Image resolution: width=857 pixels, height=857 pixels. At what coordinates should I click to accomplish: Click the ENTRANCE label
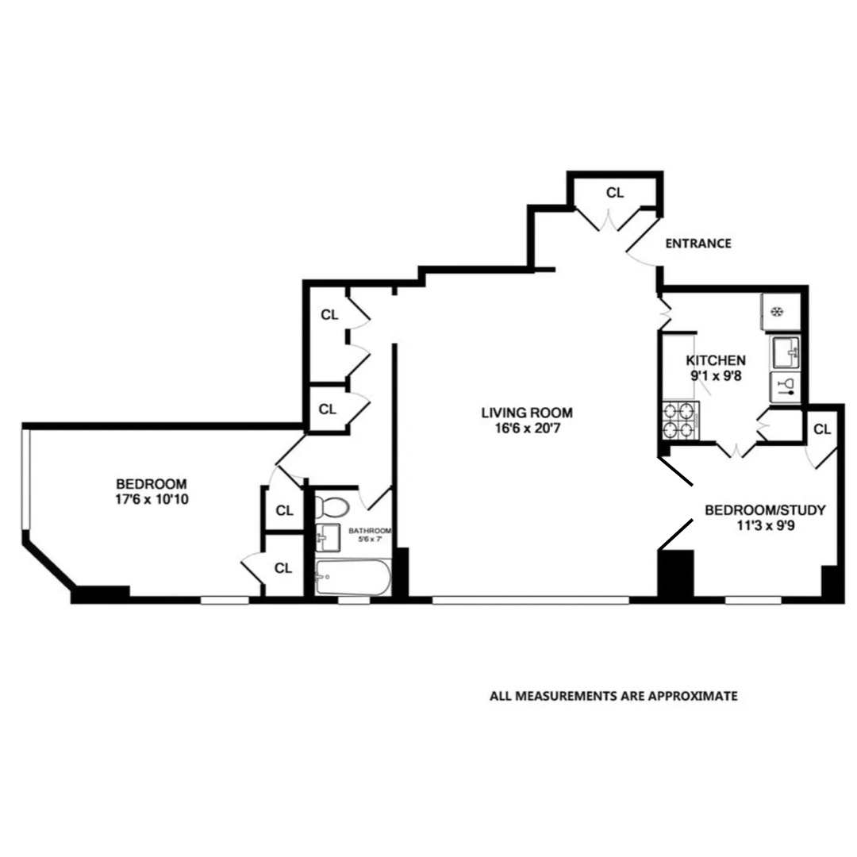click(698, 244)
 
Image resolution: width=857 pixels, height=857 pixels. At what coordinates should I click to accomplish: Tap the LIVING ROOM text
click(526, 413)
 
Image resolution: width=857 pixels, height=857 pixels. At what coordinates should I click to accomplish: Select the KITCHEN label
click(716, 359)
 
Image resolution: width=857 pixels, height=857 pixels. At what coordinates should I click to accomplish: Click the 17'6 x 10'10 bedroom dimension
click(151, 500)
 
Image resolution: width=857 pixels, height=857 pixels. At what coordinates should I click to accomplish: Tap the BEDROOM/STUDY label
click(765, 509)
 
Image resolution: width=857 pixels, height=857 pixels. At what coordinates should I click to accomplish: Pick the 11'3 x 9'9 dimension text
click(765, 526)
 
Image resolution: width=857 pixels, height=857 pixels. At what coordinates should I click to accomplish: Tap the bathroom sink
click(328, 539)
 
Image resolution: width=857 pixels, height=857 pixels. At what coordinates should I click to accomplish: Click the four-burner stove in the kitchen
click(680, 421)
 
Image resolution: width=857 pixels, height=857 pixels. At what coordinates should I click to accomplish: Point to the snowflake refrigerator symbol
click(778, 311)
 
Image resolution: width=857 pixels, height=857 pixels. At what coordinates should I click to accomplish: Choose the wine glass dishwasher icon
click(786, 386)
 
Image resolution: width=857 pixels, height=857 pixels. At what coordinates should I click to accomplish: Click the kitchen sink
click(786, 351)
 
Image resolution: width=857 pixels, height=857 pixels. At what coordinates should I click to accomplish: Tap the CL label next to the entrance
click(615, 193)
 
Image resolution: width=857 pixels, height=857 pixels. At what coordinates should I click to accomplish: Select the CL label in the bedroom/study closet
click(822, 430)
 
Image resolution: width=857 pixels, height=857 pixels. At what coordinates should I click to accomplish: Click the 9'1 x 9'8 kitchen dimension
click(716, 376)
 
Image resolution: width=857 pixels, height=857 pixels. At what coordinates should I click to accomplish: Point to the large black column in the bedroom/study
click(676, 573)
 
